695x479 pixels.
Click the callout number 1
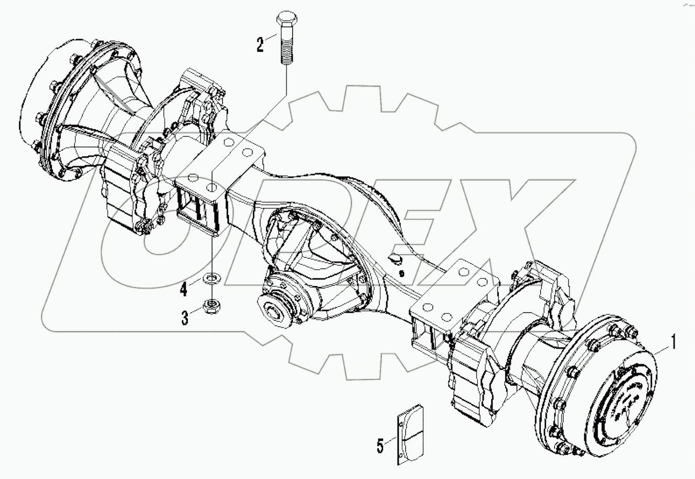[674, 343]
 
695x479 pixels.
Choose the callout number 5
[380, 446]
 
